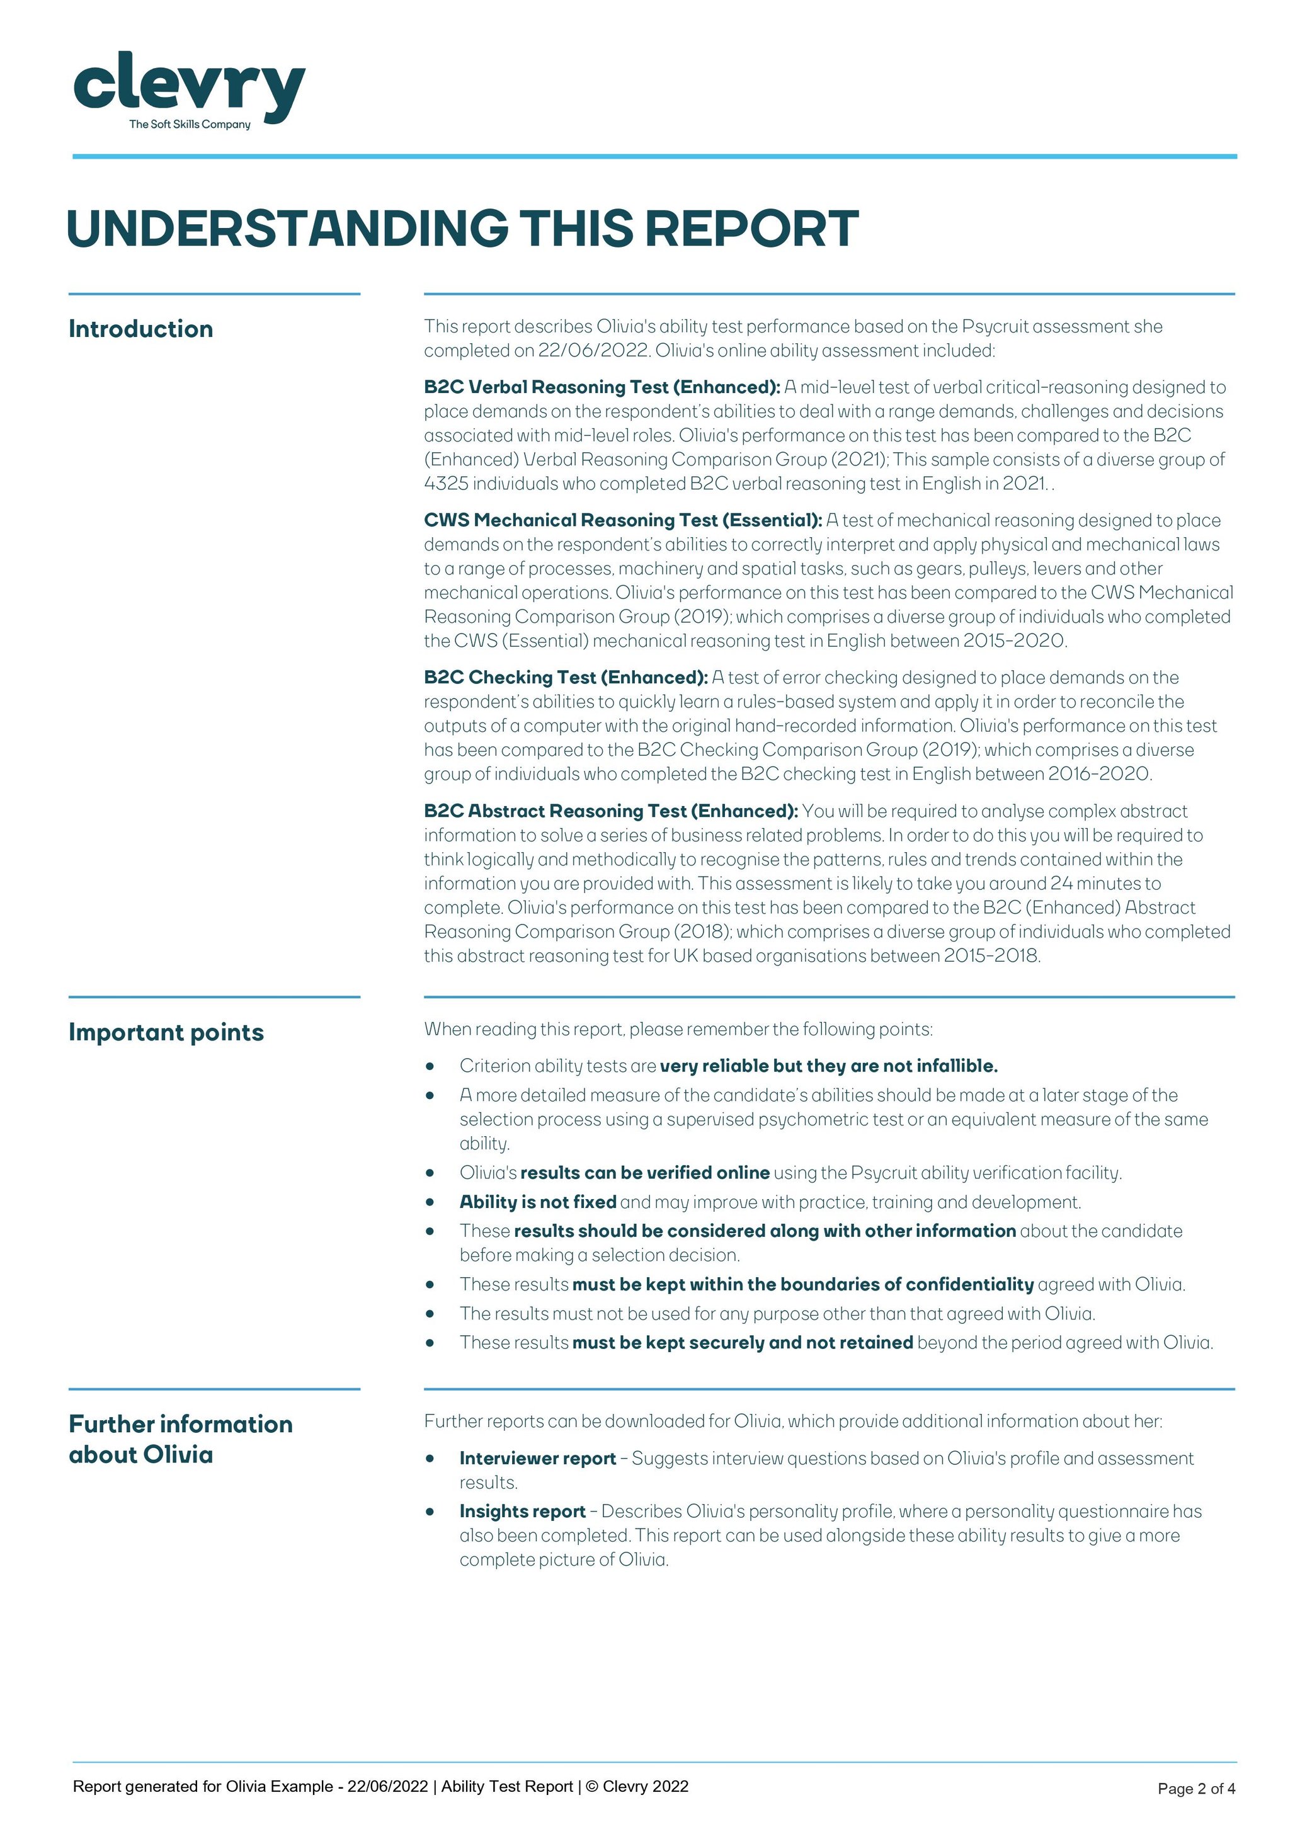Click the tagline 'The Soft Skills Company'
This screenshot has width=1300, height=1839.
coord(190,124)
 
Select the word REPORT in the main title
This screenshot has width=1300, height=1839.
coord(751,229)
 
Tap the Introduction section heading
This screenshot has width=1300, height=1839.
coord(141,329)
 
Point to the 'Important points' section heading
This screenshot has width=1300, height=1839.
coord(166,1032)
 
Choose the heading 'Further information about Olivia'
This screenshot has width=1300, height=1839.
coord(180,1439)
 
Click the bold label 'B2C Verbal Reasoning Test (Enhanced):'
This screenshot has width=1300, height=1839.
coord(602,388)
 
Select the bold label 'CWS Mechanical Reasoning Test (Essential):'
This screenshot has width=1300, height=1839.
coord(622,521)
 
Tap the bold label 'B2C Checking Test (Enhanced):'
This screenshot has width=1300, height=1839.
coord(566,678)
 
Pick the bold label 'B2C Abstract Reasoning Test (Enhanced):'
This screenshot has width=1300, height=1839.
coord(610,811)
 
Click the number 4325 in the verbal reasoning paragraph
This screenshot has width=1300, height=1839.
coord(445,484)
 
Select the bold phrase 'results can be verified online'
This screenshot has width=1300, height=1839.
coord(645,1173)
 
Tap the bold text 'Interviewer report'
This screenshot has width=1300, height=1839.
coord(537,1459)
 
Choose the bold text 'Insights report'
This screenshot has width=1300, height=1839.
coord(522,1512)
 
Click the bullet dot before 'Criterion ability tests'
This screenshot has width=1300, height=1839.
coord(430,1066)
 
